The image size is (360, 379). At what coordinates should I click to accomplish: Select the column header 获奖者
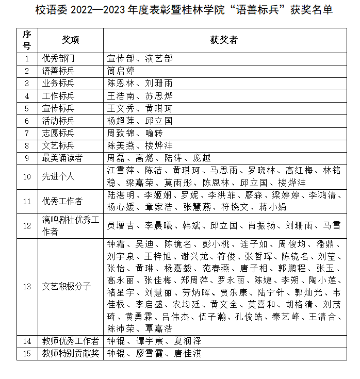(223, 40)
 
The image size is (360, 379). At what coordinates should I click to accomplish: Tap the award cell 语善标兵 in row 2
(58, 71)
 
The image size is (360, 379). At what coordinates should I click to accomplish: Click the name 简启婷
(121, 71)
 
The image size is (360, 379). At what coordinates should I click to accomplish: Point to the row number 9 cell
(27, 158)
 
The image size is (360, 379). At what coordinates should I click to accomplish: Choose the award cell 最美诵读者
(62, 158)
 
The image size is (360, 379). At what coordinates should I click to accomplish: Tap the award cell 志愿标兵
(58, 133)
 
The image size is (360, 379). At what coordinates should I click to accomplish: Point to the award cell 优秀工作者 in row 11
(62, 201)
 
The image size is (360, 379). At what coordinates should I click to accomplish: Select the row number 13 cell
(27, 286)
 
